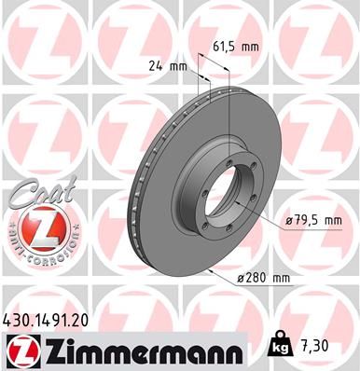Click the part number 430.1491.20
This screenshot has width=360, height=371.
[46, 319]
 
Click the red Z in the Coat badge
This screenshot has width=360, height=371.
[35, 228]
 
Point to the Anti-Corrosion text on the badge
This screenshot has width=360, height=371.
[35, 254]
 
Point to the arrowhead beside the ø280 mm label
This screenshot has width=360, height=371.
[215, 269]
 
